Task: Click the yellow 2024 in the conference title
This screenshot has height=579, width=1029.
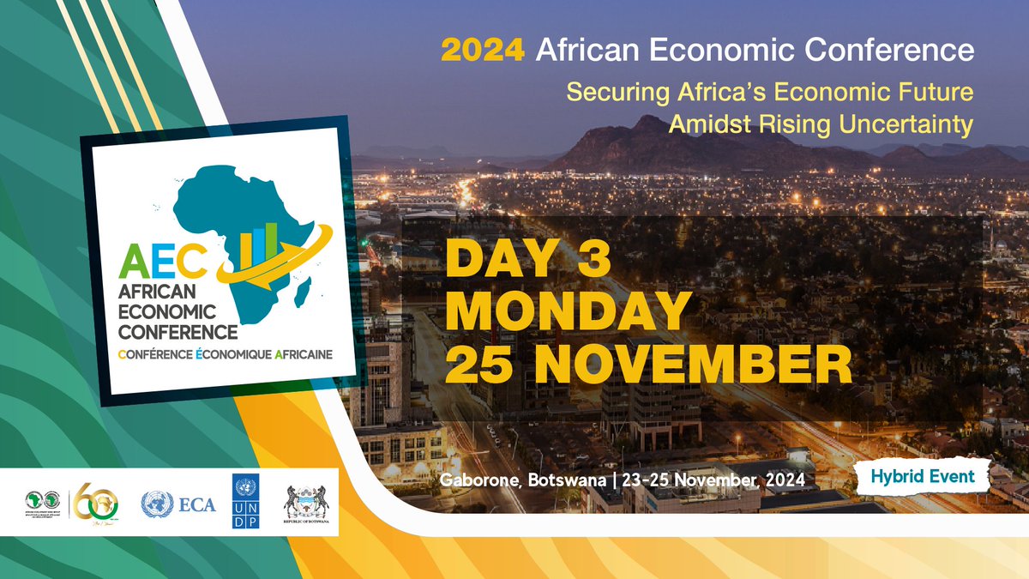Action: point(482,51)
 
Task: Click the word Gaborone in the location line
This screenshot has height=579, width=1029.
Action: point(479,479)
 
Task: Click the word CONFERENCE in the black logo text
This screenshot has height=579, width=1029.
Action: point(178,330)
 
